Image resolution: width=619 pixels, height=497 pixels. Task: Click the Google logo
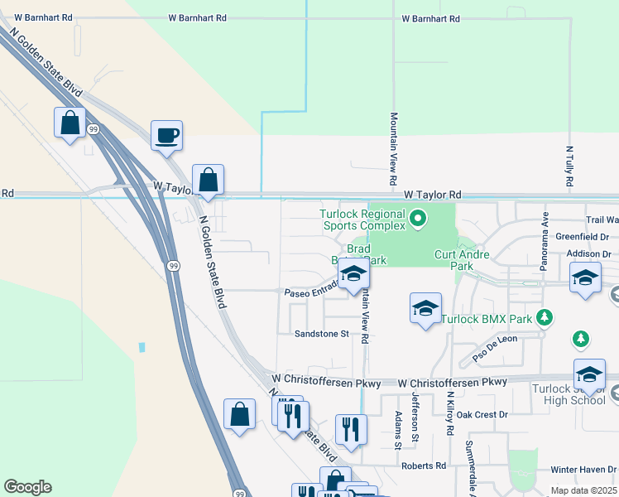pos(27,487)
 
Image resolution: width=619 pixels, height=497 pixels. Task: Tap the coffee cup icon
pos(166,134)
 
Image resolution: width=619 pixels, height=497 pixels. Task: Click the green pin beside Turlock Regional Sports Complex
pos(418,220)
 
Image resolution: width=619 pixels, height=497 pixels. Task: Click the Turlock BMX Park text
pos(487,318)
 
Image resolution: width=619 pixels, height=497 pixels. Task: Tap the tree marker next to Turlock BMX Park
pos(545,317)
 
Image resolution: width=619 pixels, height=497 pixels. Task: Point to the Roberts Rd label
pos(424,466)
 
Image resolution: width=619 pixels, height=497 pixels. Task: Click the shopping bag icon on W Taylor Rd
pos(208,179)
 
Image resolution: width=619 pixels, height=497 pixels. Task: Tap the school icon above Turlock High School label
pos(589,374)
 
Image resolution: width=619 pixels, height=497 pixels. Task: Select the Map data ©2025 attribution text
pos(583,491)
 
